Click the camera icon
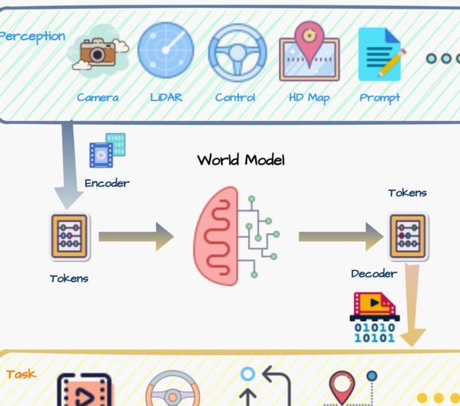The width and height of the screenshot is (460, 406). pos(98,53)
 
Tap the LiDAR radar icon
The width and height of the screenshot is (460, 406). pos(166,50)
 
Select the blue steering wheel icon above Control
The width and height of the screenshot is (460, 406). pos(238,53)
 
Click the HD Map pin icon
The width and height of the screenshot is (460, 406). pos(309,51)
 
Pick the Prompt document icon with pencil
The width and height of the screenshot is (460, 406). pos(382,54)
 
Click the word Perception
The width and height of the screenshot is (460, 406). pos(32,37)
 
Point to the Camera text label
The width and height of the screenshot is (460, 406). pos(98,97)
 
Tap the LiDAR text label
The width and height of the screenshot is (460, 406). pos(166,97)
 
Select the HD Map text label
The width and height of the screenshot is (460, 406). pos(309,98)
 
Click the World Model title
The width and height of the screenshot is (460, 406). pos(241,160)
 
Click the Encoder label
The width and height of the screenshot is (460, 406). pos(107,183)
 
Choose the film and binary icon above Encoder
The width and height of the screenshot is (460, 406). pos(108,150)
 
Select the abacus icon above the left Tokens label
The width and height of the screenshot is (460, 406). pos(69,236)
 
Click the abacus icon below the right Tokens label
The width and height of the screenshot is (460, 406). pos(407,236)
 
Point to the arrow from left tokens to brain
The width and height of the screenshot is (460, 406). pos(136,236)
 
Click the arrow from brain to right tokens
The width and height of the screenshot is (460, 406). pos(341,236)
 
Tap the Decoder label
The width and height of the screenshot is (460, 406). pos(374,274)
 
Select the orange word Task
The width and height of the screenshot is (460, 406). pos(21,374)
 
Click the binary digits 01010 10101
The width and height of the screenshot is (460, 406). pos(375,333)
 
